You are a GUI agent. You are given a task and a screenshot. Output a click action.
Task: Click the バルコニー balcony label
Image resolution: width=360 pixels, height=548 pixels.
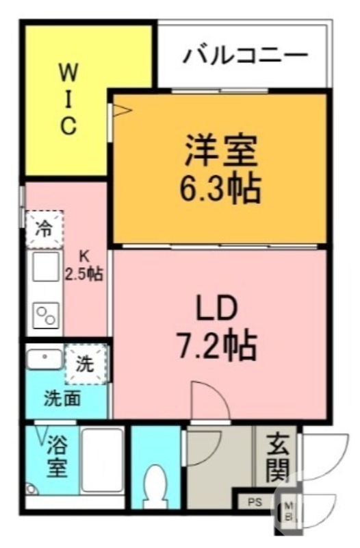(x=245, y=55)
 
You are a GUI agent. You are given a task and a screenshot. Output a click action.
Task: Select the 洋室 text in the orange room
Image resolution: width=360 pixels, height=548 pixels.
(x=220, y=151)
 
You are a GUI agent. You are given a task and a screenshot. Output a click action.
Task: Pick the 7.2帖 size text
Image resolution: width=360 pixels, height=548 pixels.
(x=218, y=347)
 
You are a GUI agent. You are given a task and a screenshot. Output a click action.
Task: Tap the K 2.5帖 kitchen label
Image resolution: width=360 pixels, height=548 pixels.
(x=83, y=266)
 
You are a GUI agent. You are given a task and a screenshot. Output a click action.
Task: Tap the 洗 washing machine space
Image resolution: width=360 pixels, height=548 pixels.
(x=86, y=364)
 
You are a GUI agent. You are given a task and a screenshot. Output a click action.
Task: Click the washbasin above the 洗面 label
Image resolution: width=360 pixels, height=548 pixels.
(x=45, y=358)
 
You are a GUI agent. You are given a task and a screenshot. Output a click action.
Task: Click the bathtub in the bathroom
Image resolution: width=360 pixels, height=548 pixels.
(x=102, y=462)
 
